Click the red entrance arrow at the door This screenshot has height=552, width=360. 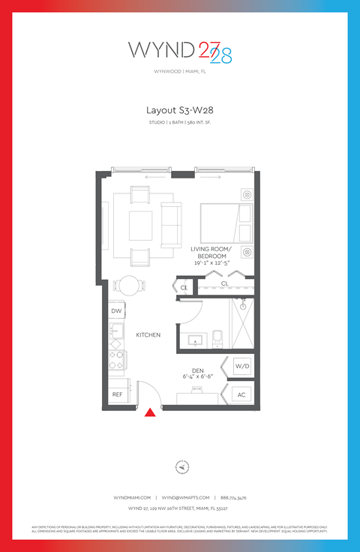click(150, 412)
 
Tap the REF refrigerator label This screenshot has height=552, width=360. click(117, 394)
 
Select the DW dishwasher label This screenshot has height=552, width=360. click(116, 310)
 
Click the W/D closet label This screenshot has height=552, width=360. click(241, 366)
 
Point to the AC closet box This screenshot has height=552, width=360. click(241, 394)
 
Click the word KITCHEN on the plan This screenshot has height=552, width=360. click(148, 334)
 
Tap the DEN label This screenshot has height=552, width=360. click(197, 369)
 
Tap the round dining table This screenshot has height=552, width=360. click(130, 286)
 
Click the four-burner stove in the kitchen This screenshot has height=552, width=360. click(117, 361)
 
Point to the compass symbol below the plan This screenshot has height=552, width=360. click(181, 466)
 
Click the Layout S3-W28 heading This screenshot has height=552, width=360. click(180, 109)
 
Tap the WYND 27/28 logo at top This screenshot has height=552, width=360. click(180, 51)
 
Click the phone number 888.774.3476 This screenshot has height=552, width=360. click(233, 497)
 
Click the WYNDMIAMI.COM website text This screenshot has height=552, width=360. click(132, 497)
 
